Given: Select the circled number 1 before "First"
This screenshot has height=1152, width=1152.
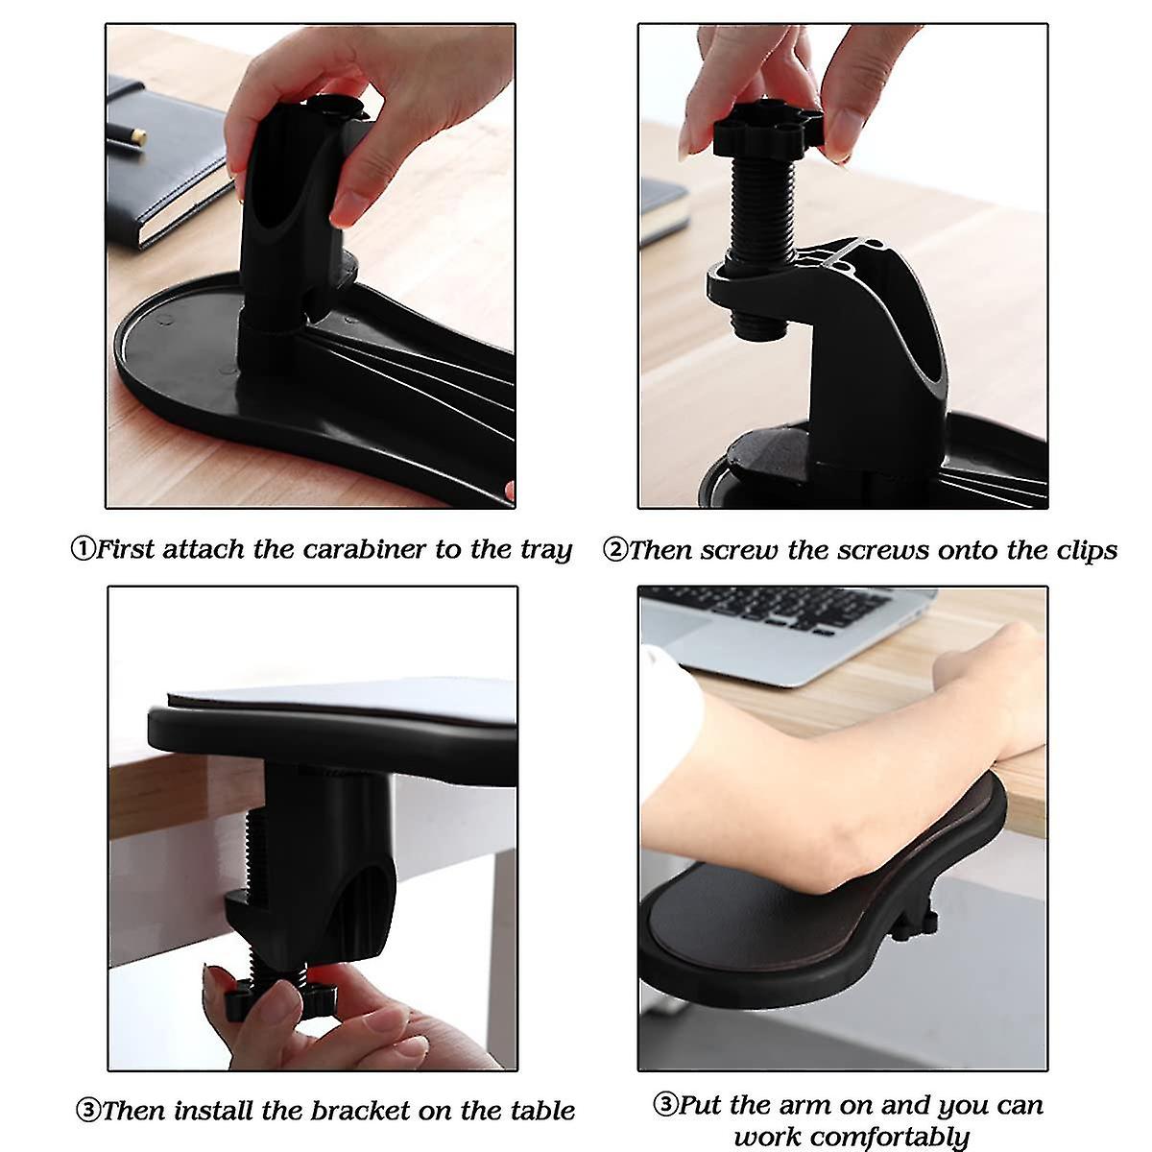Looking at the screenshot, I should tap(84, 550).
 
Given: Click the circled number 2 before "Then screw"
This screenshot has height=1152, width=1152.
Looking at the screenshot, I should tap(614, 550).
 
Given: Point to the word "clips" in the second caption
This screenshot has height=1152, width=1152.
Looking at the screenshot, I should tap(1082, 551).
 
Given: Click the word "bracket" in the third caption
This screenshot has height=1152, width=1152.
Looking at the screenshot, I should tap(361, 1112).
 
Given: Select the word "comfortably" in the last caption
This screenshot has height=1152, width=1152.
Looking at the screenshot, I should tap(852, 1138).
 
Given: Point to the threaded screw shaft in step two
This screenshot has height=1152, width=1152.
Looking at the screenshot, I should tap(759, 211).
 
